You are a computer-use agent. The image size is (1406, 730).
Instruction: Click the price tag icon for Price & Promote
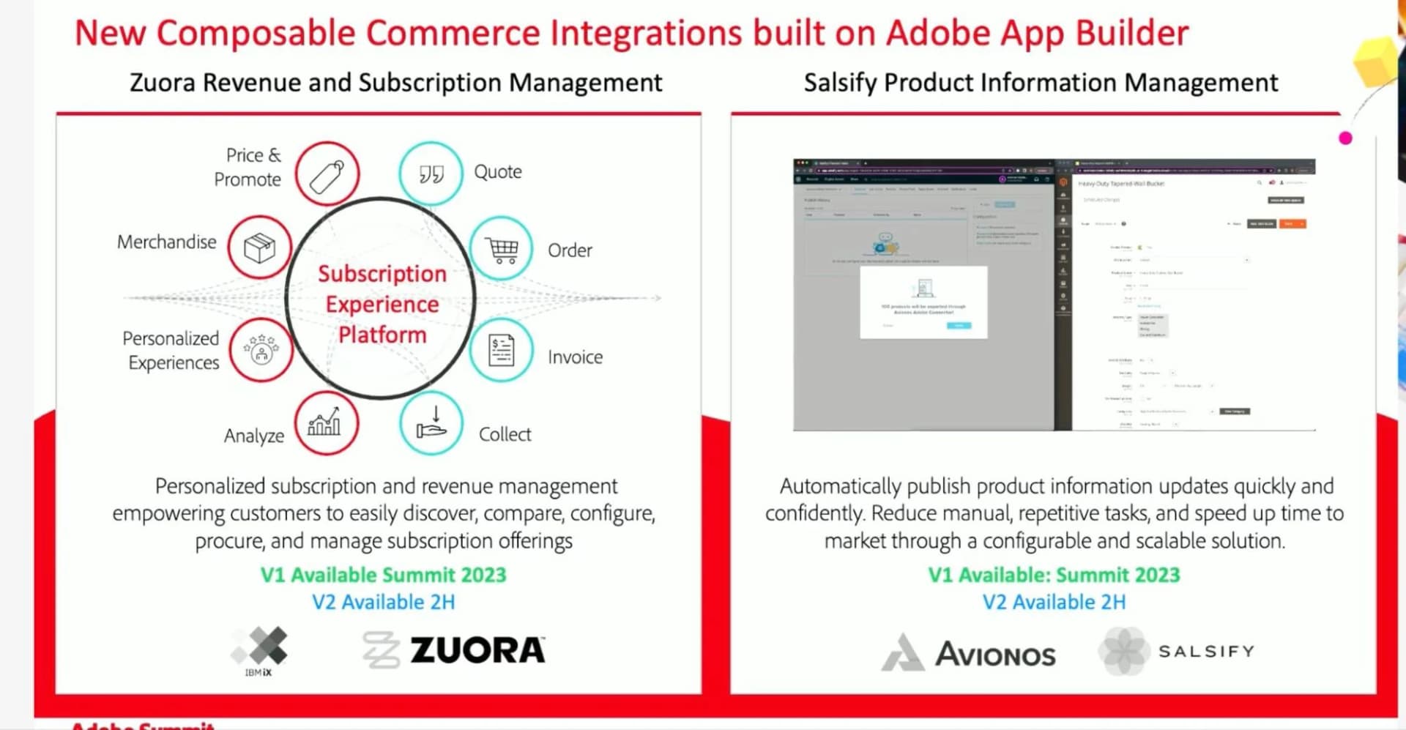pyautogui.click(x=327, y=174)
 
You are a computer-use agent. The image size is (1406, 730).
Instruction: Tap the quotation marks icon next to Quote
pyautogui.click(x=431, y=174)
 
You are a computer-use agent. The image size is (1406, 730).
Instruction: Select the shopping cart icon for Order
pyautogui.click(x=502, y=249)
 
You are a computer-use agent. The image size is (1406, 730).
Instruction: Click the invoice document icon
pyautogui.click(x=502, y=350)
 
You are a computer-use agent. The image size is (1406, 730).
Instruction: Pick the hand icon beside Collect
pyautogui.click(x=431, y=423)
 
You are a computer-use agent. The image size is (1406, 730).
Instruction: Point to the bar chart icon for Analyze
pyautogui.click(x=326, y=423)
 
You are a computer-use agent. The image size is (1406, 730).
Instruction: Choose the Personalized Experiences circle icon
pyautogui.click(x=261, y=350)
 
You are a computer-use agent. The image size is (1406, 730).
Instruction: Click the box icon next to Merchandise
pyautogui.click(x=259, y=247)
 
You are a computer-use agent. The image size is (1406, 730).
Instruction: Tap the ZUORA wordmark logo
pyautogui.click(x=477, y=650)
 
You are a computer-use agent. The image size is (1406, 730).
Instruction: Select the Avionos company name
pyautogui.click(x=995, y=655)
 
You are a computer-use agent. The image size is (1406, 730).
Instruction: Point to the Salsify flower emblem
pyautogui.click(x=1123, y=651)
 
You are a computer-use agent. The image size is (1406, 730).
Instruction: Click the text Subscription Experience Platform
pyautogui.click(x=382, y=304)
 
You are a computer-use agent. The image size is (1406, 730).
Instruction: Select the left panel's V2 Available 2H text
pyautogui.click(x=383, y=602)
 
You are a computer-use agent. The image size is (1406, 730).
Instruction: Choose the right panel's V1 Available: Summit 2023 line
pyautogui.click(x=1054, y=575)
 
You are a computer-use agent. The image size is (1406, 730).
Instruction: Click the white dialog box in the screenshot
pyautogui.click(x=923, y=302)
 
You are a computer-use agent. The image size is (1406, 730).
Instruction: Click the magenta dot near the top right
pyautogui.click(x=1345, y=138)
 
